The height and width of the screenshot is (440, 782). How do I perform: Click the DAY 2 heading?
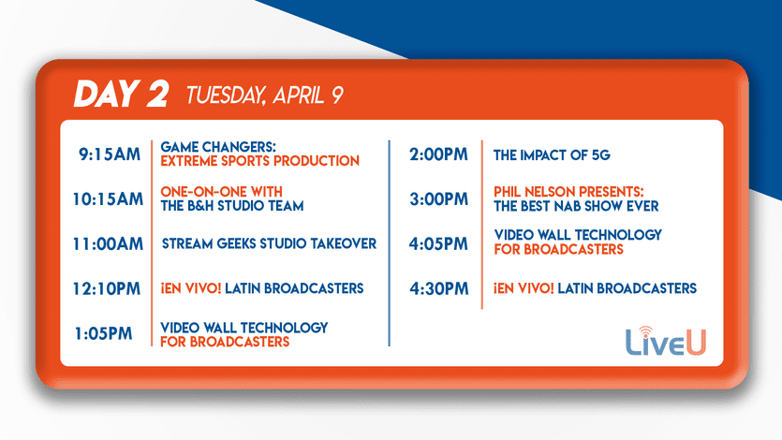[x=121, y=94]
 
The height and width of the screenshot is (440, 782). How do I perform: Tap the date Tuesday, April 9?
[x=265, y=95]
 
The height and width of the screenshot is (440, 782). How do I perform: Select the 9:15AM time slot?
[x=110, y=154]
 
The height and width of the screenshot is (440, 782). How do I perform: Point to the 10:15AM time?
[x=108, y=199]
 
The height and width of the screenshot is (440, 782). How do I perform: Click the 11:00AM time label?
[x=108, y=244]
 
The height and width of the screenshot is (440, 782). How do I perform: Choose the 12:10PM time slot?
[x=107, y=289]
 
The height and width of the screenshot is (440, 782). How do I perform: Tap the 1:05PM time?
[x=103, y=333]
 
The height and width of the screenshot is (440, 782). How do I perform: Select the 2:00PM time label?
[x=438, y=154]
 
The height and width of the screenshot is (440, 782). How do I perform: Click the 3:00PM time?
[x=439, y=199]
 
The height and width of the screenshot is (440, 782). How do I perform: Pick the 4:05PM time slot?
[x=438, y=244]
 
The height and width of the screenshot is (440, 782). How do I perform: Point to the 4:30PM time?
[x=439, y=289]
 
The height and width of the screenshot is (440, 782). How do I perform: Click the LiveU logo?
[x=666, y=342]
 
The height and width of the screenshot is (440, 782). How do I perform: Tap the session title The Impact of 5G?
[x=552, y=155]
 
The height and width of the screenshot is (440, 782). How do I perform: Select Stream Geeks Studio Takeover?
[x=270, y=243]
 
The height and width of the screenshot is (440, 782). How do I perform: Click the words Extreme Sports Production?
[x=259, y=161]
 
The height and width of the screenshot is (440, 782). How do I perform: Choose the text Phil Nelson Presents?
[x=568, y=192]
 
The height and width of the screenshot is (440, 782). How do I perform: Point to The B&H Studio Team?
[x=232, y=206]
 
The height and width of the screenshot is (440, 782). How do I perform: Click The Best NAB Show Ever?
[x=576, y=206]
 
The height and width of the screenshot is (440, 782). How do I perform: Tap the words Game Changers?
[x=218, y=147]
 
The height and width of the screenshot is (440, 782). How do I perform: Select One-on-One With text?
[x=221, y=192]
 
